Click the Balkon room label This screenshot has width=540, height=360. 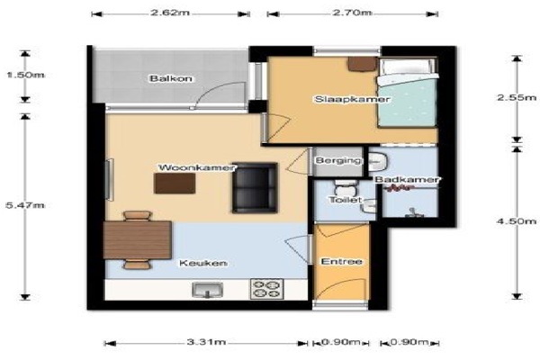171,78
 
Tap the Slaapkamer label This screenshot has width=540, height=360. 352,99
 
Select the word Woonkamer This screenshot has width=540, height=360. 196,167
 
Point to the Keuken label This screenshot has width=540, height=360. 203,263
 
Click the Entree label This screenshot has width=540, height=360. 341,262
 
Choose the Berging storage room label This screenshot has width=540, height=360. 338,160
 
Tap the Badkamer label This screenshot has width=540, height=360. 407,179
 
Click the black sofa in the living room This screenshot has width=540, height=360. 255,187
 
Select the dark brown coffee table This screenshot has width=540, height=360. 175,184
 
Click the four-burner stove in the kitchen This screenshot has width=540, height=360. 267,289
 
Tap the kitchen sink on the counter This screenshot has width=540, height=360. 208,290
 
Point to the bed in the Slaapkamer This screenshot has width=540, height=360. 408,93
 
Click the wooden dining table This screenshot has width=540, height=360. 138,240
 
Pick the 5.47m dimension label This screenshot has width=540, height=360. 25,205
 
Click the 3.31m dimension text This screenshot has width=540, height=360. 206,342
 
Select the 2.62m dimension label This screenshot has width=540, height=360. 170,13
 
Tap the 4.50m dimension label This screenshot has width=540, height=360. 517,221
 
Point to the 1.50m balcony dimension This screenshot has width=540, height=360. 25,75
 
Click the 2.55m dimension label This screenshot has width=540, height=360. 517,97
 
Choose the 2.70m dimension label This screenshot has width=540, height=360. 352,13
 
